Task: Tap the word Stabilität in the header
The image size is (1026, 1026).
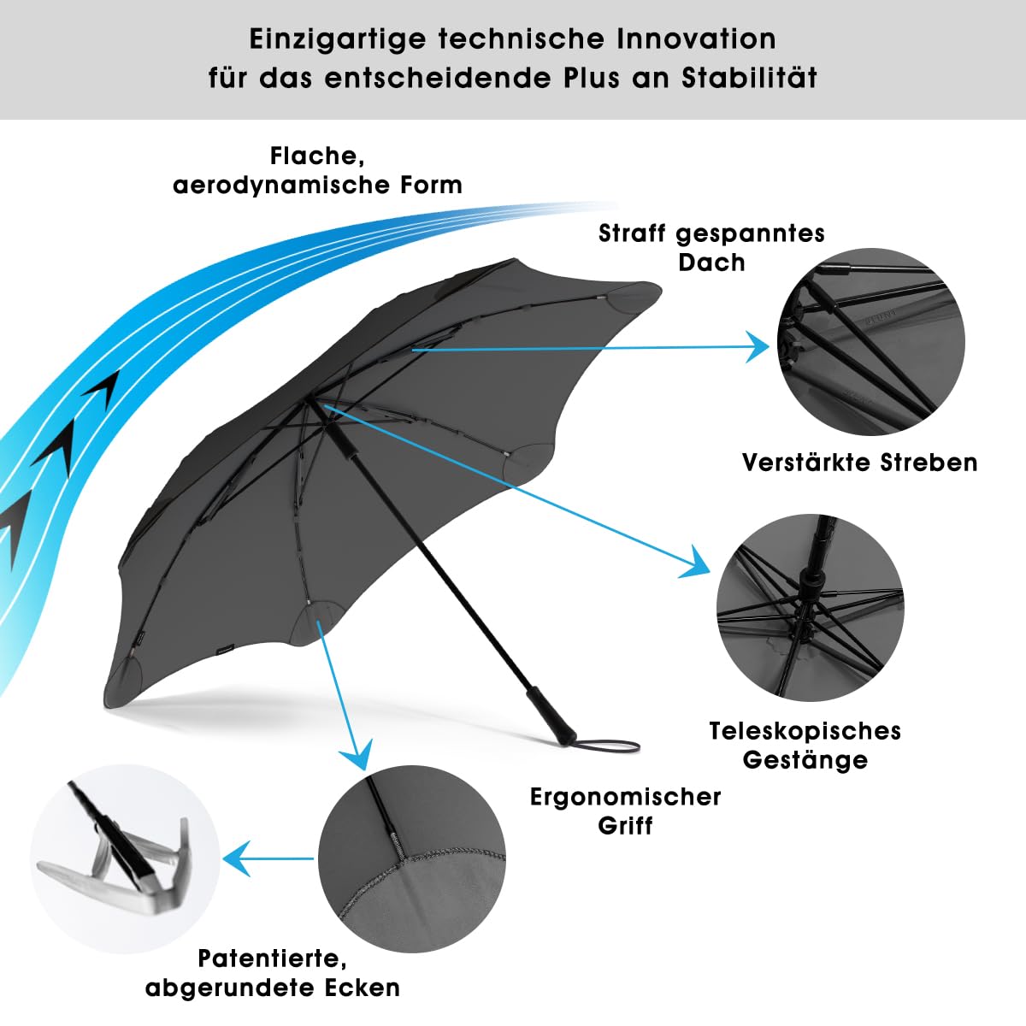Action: point(749,78)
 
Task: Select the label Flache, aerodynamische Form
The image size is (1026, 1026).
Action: point(317,170)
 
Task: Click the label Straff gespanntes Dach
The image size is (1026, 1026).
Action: point(711,247)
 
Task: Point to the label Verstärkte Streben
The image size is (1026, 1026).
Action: point(859,463)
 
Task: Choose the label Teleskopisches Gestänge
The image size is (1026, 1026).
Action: point(805,745)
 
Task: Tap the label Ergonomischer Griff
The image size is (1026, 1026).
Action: point(625,811)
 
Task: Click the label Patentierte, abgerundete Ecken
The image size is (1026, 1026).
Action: point(273,972)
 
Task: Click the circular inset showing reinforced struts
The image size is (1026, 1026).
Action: point(870,342)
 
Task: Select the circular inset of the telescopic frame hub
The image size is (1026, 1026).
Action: point(810,607)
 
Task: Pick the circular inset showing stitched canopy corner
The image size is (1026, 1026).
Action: point(411,858)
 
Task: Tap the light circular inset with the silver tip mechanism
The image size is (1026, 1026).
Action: point(125,858)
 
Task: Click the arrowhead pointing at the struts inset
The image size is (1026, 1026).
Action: point(758,346)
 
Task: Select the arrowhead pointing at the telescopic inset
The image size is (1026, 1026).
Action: point(698,564)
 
